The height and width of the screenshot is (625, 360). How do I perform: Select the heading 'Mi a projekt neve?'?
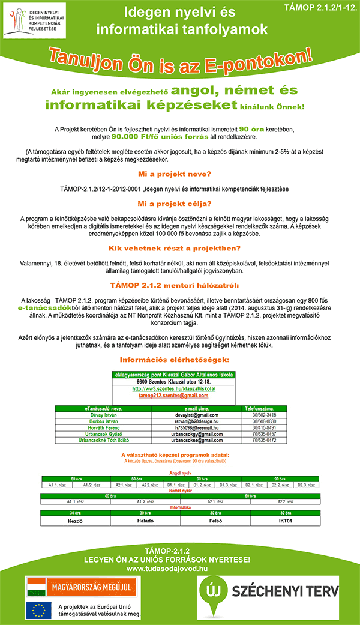click(180, 174)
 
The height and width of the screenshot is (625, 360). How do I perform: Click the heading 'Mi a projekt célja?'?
click(180, 203)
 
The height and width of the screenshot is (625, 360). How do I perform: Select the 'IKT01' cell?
click(285, 505)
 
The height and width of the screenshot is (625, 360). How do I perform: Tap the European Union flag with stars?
click(38, 609)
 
